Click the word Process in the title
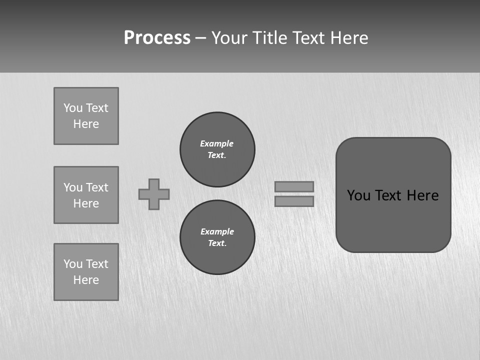click(157, 38)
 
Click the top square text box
click(86, 116)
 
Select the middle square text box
click(86, 195)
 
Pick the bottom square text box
click(86, 272)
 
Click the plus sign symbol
click(154, 194)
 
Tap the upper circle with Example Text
click(217, 149)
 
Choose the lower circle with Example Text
click(217, 237)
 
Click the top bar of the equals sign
click(294, 186)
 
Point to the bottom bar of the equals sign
click(294, 201)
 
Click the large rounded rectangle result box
click(393, 220)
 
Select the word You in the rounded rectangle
click(358, 195)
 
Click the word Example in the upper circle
click(217, 143)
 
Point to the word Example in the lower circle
click(217, 231)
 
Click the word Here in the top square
click(86, 124)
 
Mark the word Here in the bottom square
click(86, 280)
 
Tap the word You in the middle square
click(73, 187)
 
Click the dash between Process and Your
click(200, 38)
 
